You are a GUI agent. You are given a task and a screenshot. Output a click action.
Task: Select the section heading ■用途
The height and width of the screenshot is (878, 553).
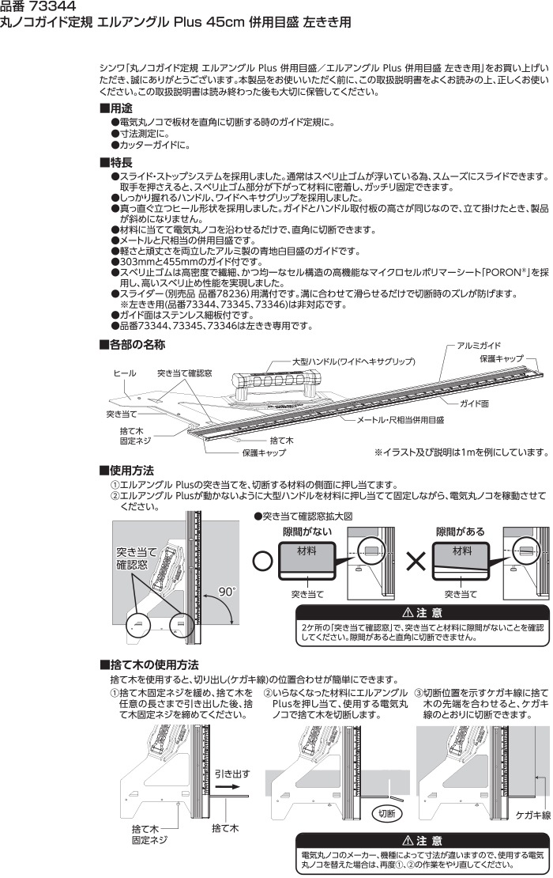[116, 108]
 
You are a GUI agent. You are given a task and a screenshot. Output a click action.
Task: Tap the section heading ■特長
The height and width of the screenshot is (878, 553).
[116, 163]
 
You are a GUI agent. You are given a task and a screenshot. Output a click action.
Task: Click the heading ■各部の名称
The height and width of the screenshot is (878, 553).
[132, 344]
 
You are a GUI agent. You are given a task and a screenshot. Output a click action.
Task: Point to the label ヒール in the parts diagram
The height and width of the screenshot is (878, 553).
[124, 373]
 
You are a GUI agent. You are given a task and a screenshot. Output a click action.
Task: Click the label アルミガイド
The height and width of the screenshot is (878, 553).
[480, 346]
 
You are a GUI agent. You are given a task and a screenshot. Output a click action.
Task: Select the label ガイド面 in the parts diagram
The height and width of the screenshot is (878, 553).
[474, 403]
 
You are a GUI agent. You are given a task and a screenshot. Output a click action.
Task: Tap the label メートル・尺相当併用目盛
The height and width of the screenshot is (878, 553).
[401, 419]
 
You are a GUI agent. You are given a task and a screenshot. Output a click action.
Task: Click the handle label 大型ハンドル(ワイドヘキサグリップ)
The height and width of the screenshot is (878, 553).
[354, 361]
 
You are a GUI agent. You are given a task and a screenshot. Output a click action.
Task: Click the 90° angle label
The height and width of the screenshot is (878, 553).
[227, 592]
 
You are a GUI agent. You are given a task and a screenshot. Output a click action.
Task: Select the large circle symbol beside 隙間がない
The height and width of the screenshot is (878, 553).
[263, 561]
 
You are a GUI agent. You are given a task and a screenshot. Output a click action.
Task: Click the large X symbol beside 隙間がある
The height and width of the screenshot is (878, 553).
[416, 561]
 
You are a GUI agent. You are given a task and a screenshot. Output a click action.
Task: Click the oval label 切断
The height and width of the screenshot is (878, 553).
[386, 813]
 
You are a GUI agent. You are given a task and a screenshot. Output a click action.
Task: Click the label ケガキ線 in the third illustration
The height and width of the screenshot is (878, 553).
[533, 816]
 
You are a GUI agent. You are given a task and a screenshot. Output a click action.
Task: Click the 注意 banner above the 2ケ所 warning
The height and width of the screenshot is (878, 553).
[422, 612]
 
